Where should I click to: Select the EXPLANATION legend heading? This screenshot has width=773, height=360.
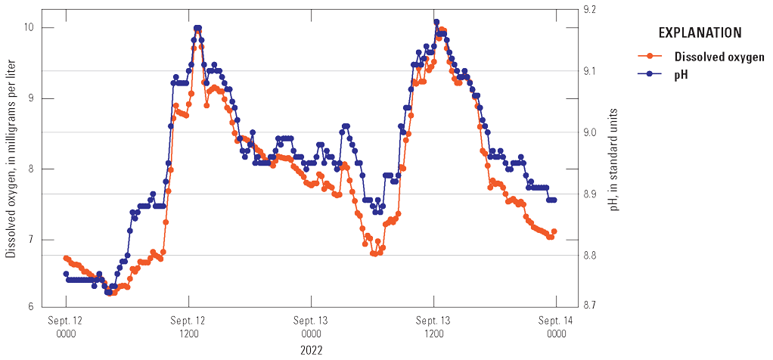pyautogui.click(x=699, y=33)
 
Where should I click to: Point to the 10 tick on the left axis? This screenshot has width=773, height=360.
pyautogui.click(x=46, y=27)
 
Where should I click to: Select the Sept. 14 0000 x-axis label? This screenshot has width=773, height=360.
pyautogui.click(x=557, y=327)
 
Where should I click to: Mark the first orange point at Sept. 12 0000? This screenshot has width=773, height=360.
pyautogui.click(x=66, y=259)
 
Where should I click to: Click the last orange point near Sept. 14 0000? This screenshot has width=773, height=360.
pyautogui.click(x=554, y=231)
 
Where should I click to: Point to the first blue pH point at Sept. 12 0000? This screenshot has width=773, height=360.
pyautogui.click(x=66, y=274)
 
